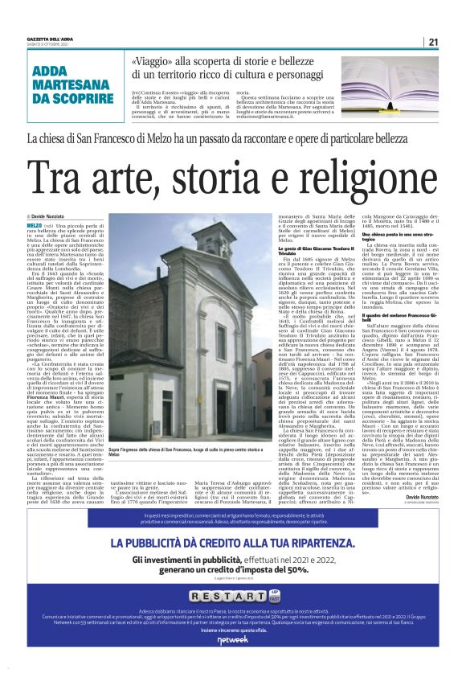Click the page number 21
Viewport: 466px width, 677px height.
click(431, 43)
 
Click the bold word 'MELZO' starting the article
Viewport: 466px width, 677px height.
click(35, 228)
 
